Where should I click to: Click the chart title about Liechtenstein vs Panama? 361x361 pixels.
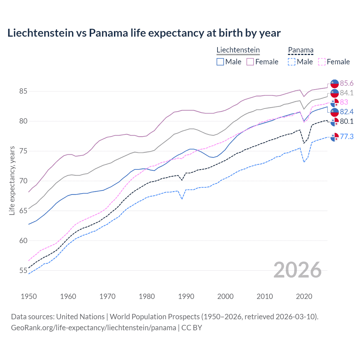pyautogui.click(x=144, y=33)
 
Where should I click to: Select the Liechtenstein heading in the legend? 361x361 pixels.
pyautogui.click(x=238, y=50)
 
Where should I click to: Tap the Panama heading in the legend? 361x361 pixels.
pyautogui.click(x=301, y=50)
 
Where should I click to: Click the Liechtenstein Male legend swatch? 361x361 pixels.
pyautogui.click(x=220, y=62)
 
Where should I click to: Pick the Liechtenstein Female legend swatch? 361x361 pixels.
pyautogui.click(x=250, y=62)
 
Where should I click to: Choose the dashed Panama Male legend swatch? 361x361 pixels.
pyautogui.click(x=292, y=62)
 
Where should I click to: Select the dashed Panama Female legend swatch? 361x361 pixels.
pyautogui.click(x=322, y=62)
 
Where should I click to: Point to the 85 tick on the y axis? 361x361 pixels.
pyautogui.click(x=23, y=91)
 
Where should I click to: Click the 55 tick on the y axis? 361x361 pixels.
pyautogui.click(x=23, y=271)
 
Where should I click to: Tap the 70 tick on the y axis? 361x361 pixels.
pyautogui.click(x=23, y=181)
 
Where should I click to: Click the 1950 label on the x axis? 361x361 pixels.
pyautogui.click(x=29, y=296)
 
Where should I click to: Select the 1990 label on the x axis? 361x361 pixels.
pyautogui.click(x=186, y=296)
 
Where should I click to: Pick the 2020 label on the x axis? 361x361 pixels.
pyautogui.click(x=304, y=296)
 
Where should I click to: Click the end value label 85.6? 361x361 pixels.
pyautogui.click(x=347, y=83)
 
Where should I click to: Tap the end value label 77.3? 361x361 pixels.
pyautogui.click(x=347, y=137)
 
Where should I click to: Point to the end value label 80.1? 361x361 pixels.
pyautogui.click(x=347, y=122)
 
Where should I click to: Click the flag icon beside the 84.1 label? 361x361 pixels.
pyautogui.click(x=334, y=93)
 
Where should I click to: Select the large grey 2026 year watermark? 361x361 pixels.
pyautogui.click(x=298, y=270)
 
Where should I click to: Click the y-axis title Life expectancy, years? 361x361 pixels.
pyautogui.click(x=12, y=180)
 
